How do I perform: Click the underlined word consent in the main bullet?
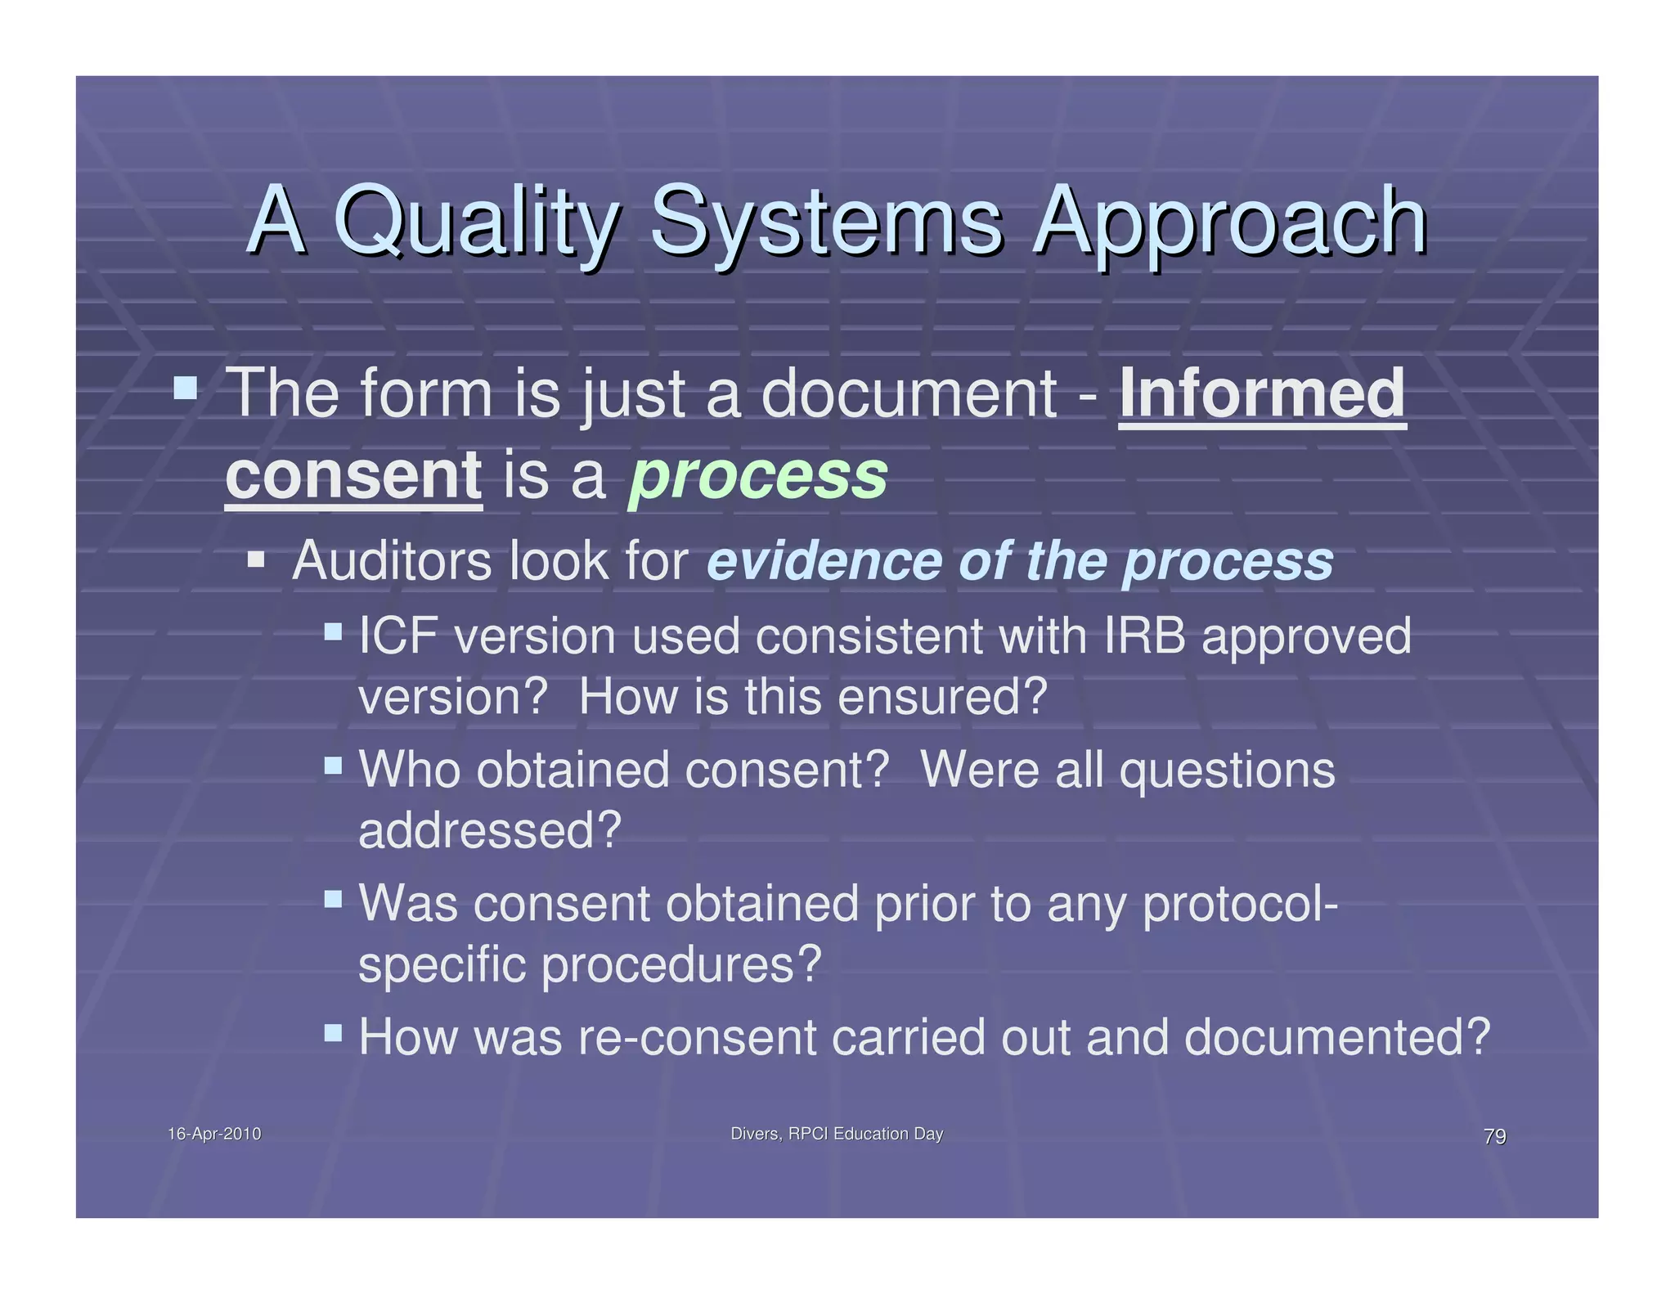pyautogui.click(x=353, y=476)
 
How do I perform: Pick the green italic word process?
pyautogui.click(x=757, y=476)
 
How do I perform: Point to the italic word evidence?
pyautogui.click(x=824, y=562)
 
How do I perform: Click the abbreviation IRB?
pyautogui.click(x=1144, y=636)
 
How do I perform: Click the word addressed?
pyautogui.click(x=489, y=831)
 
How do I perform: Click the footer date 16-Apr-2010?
pyautogui.click(x=214, y=1134)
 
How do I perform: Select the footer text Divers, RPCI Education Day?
pyautogui.click(x=837, y=1134)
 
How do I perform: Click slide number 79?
pyautogui.click(x=1494, y=1137)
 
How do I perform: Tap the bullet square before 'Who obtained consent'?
pyautogui.click(x=333, y=766)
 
